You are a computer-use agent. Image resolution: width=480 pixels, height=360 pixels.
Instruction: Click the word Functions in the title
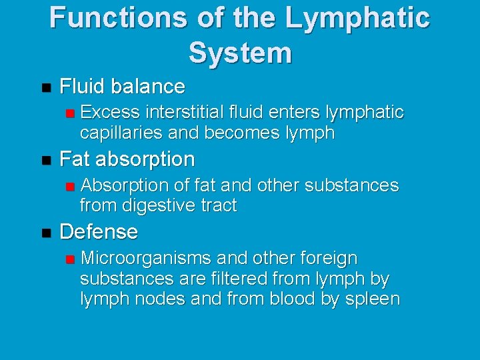coord(113,18)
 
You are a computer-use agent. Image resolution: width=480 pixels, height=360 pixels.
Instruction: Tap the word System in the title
coord(240,53)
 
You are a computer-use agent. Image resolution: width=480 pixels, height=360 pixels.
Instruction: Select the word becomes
coord(235,133)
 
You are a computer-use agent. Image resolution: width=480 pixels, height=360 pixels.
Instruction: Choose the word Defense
coord(99,232)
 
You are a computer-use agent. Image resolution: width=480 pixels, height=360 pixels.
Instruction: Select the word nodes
coord(161,299)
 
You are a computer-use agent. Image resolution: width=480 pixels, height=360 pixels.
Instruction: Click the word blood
coord(293,299)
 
